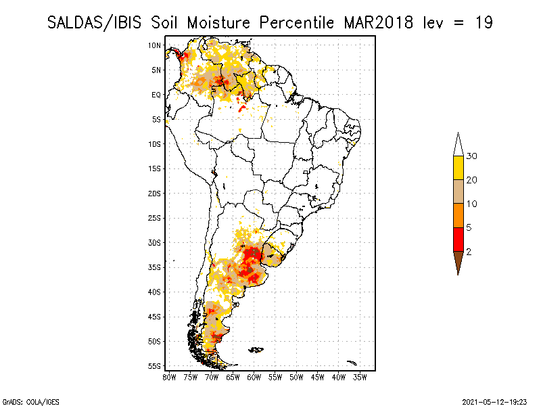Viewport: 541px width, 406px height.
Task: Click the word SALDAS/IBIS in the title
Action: (94, 23)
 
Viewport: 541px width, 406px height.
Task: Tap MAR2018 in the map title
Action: (379, 23)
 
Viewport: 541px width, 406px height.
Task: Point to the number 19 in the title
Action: (484, 23)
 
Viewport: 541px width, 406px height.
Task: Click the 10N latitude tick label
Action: (154, 45)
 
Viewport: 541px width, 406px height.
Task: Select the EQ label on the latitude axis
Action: (156, 95)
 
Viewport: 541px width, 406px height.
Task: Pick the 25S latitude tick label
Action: (154, 218)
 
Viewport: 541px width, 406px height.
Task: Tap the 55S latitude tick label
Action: (154, 366)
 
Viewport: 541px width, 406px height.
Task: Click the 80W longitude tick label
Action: (169, 378)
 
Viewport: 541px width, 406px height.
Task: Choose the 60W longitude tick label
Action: (254, 378)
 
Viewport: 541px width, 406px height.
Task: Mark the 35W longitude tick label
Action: (360, 378)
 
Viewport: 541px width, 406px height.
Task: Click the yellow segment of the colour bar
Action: (458, 168)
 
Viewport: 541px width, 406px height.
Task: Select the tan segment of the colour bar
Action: (458, 191)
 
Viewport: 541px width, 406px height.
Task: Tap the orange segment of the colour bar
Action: (458, 215)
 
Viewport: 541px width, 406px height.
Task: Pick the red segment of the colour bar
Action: (458, 240)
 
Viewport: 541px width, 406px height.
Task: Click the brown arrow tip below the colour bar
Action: (458, 275)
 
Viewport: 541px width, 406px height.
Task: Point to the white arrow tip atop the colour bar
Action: (458, 132)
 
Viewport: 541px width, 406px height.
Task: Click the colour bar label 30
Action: (471, 156)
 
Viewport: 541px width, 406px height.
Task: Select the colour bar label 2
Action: (469, 252)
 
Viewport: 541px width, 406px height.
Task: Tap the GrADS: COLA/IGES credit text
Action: (31, 402)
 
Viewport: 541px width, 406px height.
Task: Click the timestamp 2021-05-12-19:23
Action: (494, 402)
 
